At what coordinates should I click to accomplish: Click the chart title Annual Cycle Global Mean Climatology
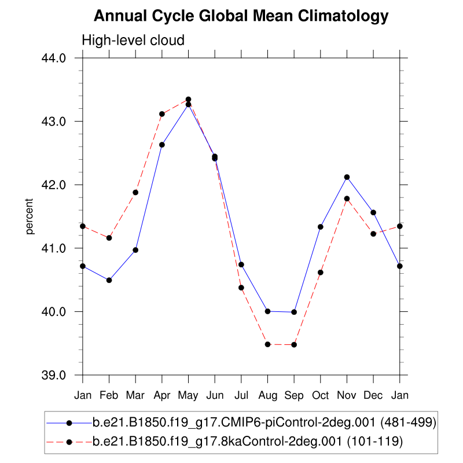[241, 16]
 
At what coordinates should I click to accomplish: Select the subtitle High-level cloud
[133, 41]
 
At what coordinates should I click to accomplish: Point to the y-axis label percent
[30, 216]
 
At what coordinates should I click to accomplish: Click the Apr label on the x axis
[162, 396]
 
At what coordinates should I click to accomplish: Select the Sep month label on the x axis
[294, 396]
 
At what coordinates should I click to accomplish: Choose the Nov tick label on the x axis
[347, 396]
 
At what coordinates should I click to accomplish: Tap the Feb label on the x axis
[109, 396]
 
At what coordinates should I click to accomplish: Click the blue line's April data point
[162, 145]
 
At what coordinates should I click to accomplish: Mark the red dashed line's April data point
[162, 114]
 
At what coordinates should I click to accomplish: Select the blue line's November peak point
[347, 177]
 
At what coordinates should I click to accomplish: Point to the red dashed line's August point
[267, 344]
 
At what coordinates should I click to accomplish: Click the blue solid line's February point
[109, 280]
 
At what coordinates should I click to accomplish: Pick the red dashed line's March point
[135, 192]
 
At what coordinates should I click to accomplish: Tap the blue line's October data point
[321, 227]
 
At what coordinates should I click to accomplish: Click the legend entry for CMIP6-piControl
[264, 423]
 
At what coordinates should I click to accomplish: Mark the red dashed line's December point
[373, 234]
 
